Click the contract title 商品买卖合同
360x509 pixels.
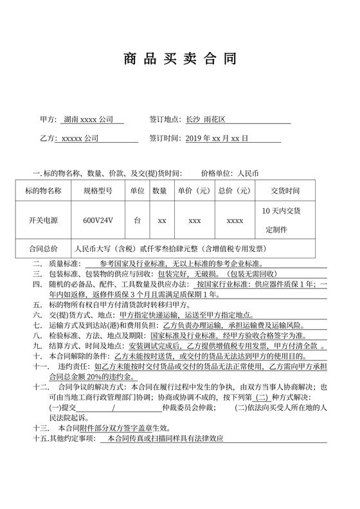[x=179, y=60]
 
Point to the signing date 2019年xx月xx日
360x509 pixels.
[x=217, y=138]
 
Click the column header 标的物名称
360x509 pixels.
[x=44, y=191]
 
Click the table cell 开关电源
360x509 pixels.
[x=44, y=220]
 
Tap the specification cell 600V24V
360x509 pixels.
[x=98, y=220]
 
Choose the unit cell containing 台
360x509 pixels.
[x=137, y=220]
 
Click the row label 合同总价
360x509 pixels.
[x=44, y=249]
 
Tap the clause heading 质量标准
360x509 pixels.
[x=62, y=263]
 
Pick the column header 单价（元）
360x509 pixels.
[x=194, y=191]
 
